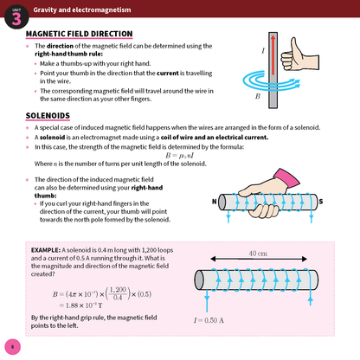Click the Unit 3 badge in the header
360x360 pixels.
tap(15, 11)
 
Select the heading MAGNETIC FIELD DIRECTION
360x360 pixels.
tap(79, 35)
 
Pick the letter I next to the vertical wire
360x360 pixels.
tap(262, 51)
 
